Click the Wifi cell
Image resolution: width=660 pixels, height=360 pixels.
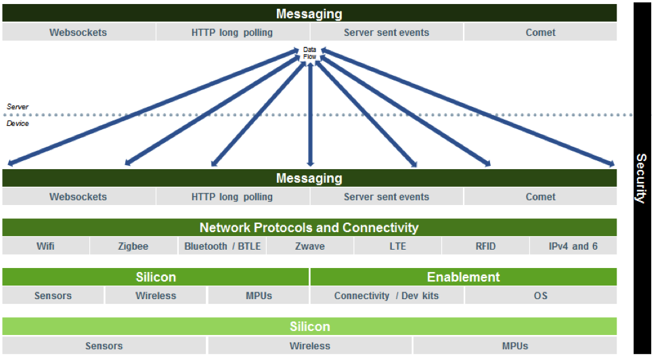[45, 246]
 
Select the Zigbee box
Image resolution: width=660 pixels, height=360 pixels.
[133, 246]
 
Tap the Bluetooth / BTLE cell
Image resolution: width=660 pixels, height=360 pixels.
[222, 246]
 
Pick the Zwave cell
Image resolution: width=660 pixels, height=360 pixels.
[310, 246]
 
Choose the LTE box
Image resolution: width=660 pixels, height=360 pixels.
[398, 246]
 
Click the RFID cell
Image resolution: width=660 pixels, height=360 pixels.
[485, 246]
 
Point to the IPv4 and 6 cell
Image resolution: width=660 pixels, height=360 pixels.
[573, 246]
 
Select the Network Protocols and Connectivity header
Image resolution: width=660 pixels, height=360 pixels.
[309, 227]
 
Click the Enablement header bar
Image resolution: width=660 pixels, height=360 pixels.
[464, 277]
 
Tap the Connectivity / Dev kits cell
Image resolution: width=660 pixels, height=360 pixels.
[387, 296]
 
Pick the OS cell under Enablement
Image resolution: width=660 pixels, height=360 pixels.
[541, 296]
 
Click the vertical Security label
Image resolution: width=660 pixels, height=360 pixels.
[642, 179]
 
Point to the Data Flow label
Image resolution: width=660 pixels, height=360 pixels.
[309, 53]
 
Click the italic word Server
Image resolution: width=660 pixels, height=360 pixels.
[18, 107]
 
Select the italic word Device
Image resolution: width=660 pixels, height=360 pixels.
[18, 123]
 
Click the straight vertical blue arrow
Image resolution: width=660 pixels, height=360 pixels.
[310, 114]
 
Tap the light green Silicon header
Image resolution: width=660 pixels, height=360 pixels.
[309, 326]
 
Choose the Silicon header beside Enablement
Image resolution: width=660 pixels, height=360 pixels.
[156, 277]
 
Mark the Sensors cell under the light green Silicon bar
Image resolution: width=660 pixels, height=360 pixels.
[104, 346]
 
